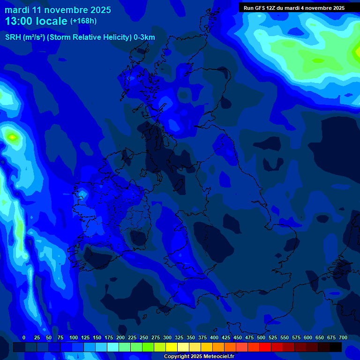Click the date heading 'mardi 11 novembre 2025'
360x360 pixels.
click(58, 10)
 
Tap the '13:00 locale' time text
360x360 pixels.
click(37, 21)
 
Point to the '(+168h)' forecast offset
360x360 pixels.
click(83, 21)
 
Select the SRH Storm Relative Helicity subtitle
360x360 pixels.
click(80, 37)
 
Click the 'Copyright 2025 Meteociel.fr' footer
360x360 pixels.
click(199, 356)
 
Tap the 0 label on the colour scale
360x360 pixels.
click(24, 337)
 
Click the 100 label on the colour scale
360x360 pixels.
click(74, 337)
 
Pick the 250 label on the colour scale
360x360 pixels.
click(144, 337)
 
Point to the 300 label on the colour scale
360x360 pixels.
click(167, 337)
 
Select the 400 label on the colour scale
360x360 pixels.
click(214, 337)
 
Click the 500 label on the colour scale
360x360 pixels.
click(261, 337)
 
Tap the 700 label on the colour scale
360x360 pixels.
click(343, 337)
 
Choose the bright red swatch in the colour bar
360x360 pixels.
click(265, 347)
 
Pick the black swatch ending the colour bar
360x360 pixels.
click(336, 347)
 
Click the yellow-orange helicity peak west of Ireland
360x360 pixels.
click(12, 137)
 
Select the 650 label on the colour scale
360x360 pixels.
click(320, 337)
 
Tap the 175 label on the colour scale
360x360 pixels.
click(109, 337)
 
